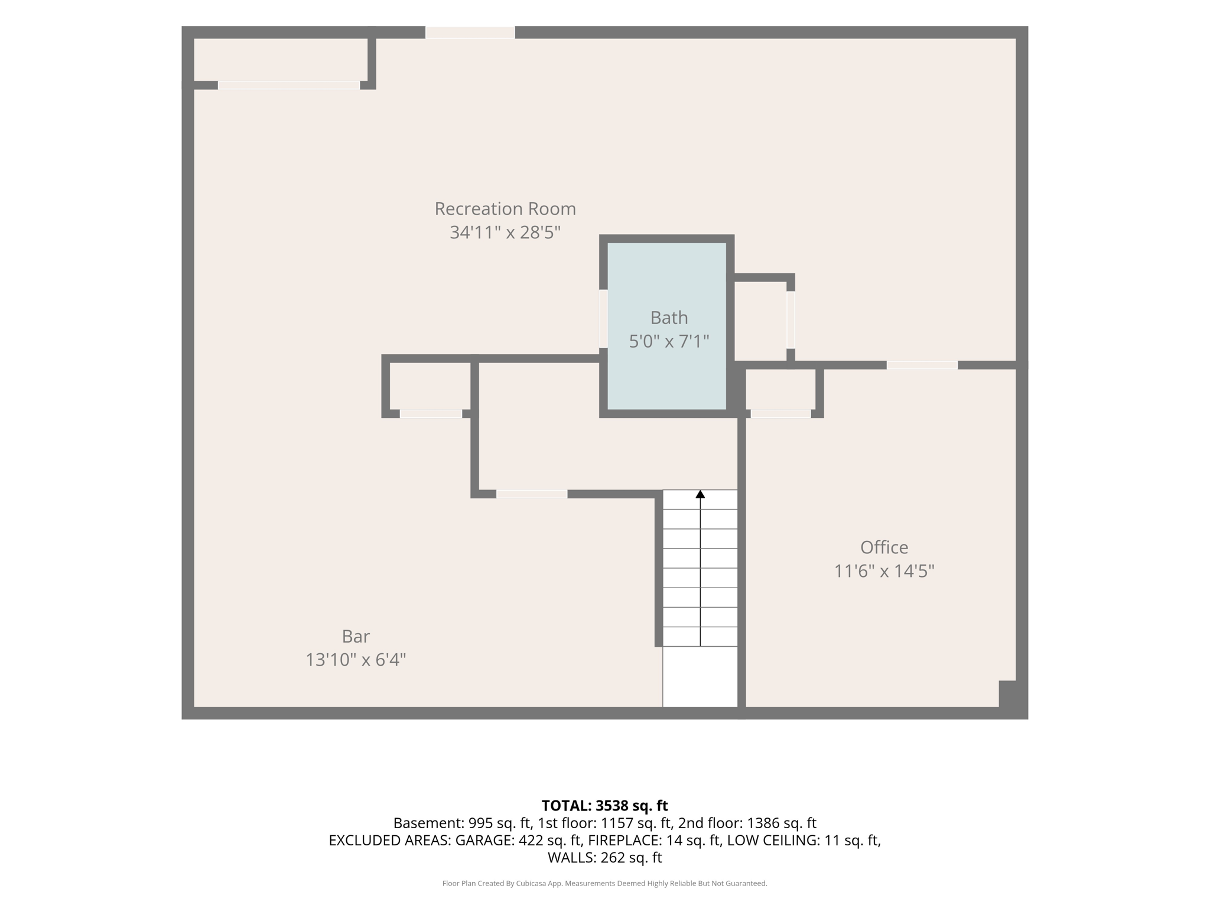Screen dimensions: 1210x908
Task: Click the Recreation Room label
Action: [x=505, y=209]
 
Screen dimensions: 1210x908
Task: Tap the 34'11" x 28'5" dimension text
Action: [x=505, y=232]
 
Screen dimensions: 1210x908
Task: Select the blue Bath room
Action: [x=666, y=326]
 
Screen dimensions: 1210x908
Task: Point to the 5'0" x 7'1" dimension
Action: [x=669, y=341]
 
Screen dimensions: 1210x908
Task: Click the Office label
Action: [x=884, y=547]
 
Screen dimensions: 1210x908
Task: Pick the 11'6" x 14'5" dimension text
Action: [x=884, y=571]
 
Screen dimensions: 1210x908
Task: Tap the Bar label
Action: [x=356, y=636]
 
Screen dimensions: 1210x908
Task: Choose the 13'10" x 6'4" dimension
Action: [x=356, y=660]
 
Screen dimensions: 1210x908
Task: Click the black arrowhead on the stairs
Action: [x=700, y=494]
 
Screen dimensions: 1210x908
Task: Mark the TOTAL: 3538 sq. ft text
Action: [x=604, y=806]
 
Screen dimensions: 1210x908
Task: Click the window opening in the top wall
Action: [x=470, y=33]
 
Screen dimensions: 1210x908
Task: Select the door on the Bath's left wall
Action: [x=603, y=318]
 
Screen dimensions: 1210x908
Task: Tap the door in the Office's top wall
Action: [x=922, y=365]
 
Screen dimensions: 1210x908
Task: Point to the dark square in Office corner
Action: [x=1007, y=693]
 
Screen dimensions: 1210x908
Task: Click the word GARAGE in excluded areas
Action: [x=482, y=841]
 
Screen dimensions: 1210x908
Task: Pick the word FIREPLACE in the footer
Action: [x=625, y=841]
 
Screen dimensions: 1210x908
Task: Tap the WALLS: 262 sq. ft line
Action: [x=604, y=858]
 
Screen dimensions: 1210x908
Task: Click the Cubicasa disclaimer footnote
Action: [x=604, y=884]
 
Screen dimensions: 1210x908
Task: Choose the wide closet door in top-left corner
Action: [x=289, y=85]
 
